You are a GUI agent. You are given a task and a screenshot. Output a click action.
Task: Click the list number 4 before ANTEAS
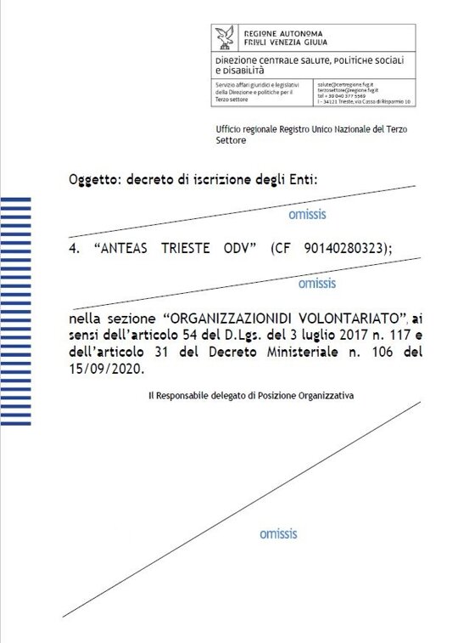click(x=73, y=248)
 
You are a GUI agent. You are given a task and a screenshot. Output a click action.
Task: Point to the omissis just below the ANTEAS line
click(x=316, y=283)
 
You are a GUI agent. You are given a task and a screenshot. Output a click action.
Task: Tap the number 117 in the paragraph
click(x=370, y=336)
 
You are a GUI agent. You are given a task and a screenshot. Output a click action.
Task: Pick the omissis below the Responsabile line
click(x=278, y=534)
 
